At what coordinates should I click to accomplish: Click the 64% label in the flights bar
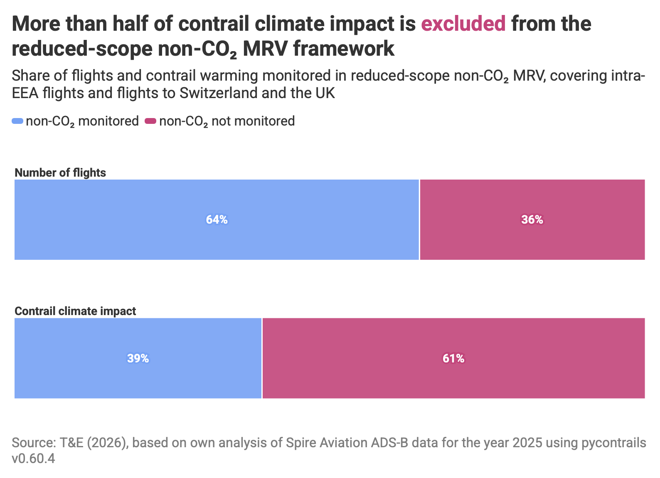coord(217,220)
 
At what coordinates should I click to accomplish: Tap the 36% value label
coord(532,220)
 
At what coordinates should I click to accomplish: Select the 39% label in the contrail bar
coord(138,359)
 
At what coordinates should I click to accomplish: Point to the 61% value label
coord(453,359)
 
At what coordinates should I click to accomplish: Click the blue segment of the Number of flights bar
coord(217,220)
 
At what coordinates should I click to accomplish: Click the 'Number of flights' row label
coord(60,173)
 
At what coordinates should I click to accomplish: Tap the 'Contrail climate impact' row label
coord(75,311)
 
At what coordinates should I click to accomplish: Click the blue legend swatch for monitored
coord(17,121)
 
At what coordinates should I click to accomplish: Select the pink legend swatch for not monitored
coord(150,121)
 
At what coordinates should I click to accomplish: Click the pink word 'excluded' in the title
coord(463,24)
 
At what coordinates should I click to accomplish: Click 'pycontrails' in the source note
coord(614,443)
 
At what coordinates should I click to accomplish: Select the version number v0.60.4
coord(33,459)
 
